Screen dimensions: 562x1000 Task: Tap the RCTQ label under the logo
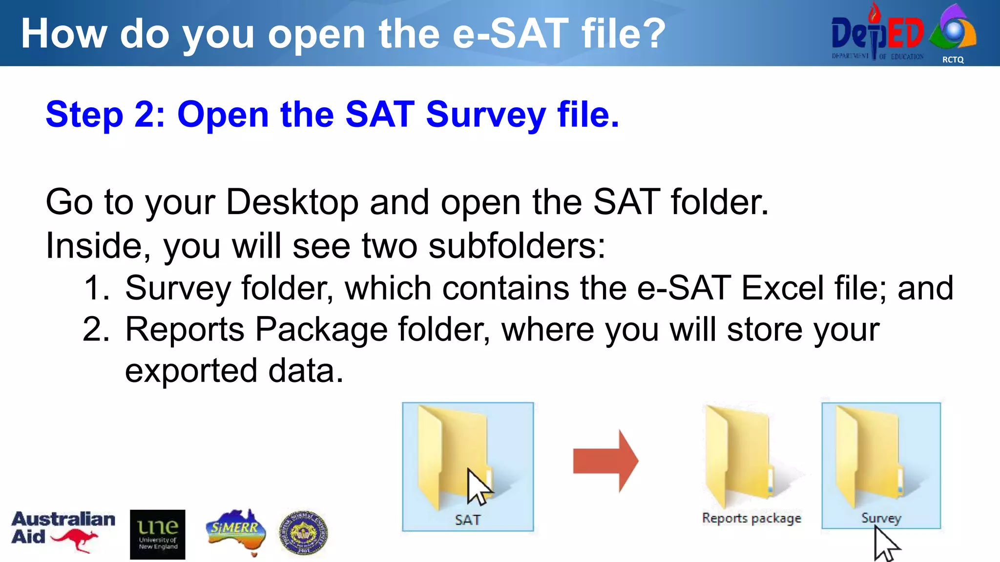click(x=953, y=60)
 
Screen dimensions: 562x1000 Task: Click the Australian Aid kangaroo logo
click(x=63, y=531)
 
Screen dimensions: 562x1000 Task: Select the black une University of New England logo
click(x=158, y=534)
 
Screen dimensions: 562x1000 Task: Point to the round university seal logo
click(x=303, y=533)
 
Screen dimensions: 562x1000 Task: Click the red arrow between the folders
click(x=605, y=461)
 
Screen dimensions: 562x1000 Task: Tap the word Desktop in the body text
click(x=292, y=202)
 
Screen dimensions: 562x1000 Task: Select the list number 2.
click(x=96, y=329)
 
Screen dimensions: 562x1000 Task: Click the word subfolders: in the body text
click(x=517, y=245)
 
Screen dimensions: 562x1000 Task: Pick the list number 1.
click(x=96, y=288)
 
